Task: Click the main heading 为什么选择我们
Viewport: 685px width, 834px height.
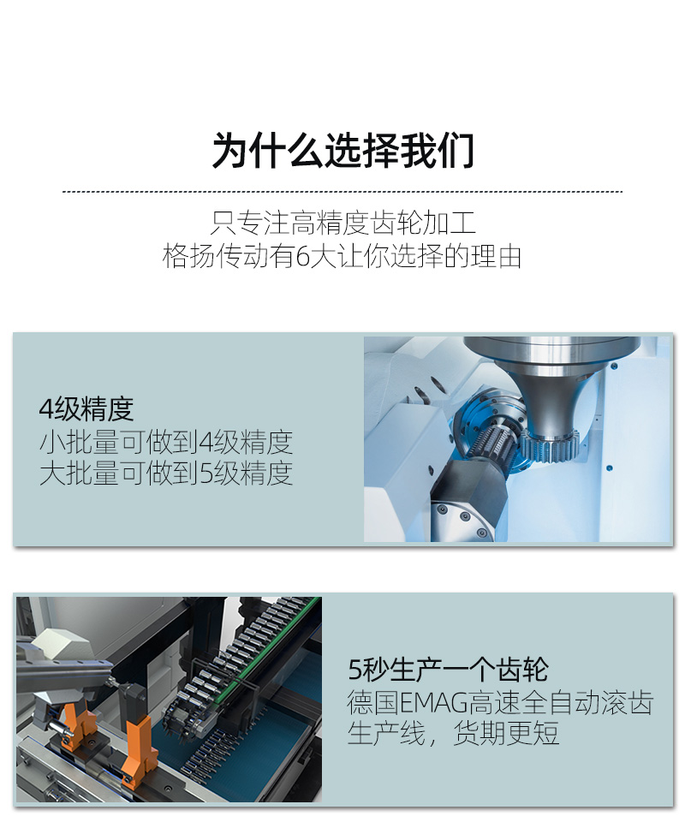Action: (x=343, y=151)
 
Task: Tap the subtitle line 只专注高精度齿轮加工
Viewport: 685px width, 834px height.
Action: (x=343, y=223)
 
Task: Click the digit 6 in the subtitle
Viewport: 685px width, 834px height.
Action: (x=302, y=257)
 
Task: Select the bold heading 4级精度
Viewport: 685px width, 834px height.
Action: (x=86, y=408)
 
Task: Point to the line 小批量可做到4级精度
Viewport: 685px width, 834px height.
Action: (x=166, y=442)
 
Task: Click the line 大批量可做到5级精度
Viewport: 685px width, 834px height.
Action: (x=166, y=473)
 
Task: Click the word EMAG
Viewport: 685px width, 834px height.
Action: (x=433, y=702)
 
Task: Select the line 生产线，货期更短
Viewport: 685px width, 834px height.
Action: (x=453, y=734)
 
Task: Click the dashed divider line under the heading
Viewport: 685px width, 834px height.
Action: (x=342, y=192)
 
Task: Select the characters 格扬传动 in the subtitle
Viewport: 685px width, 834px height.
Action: (x=216, y=257)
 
